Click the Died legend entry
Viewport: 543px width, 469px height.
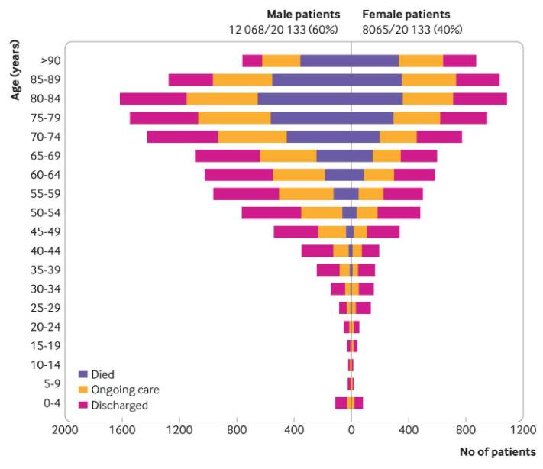point(102,374)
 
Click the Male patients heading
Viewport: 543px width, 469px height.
point(302,15)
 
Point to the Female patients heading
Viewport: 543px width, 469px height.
point(406,15)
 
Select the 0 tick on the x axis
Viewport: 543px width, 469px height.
point(351,429)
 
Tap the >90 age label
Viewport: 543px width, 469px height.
point(51,61)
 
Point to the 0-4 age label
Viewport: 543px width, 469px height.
point(51,403)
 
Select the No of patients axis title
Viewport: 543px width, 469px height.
point(497,451)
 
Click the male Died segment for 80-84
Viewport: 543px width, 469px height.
point(304,99)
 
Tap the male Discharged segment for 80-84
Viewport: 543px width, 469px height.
point(153,99)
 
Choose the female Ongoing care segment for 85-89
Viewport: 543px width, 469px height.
point(428,79)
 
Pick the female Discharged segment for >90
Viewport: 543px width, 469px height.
point(459,61)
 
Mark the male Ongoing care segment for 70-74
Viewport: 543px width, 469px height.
point(252,137)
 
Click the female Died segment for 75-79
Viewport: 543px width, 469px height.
point(372,118)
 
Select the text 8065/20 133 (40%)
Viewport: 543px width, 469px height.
point(412,30)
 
